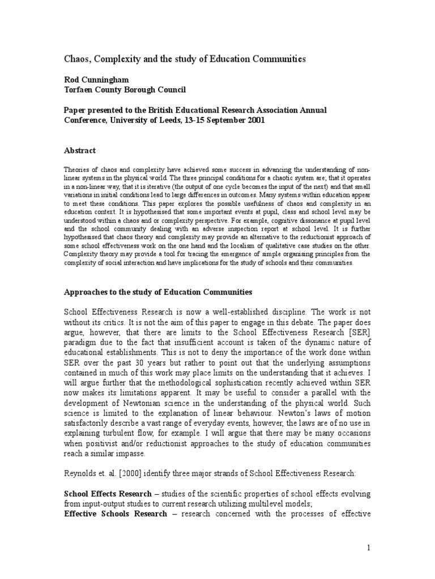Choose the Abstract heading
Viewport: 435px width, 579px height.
tap(79, 150)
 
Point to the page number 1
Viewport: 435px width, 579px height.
tap(369, 548)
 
